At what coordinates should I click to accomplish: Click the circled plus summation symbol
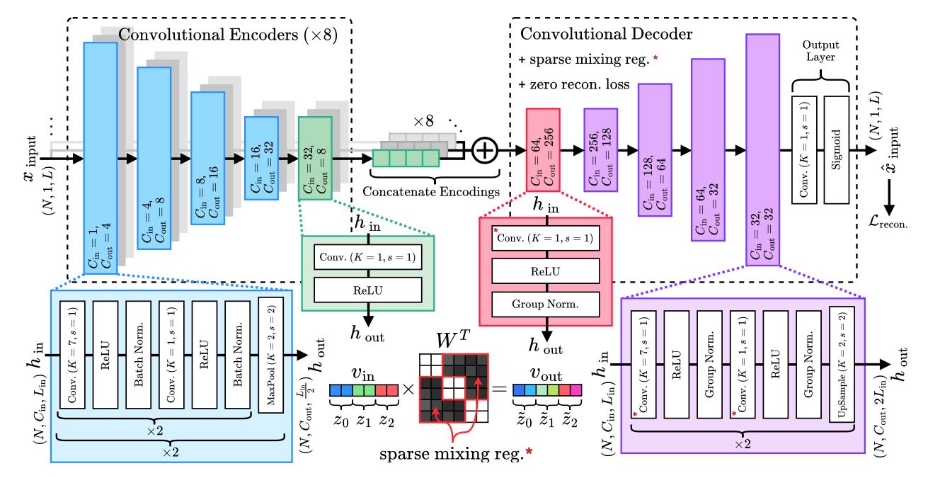(486, 151)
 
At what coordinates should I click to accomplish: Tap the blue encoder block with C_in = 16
(261, 159)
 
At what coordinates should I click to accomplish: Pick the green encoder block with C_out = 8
(315, 159)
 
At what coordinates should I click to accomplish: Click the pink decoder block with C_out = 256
(543, 149)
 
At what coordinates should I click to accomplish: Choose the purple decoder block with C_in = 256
(600, 149)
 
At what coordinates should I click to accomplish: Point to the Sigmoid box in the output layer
(837, 149)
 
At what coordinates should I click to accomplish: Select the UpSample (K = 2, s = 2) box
(842, 365)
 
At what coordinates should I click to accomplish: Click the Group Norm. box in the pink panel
(546, 305)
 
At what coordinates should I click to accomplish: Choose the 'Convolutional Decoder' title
(606, 34)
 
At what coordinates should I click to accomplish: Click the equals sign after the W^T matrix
(498, 390)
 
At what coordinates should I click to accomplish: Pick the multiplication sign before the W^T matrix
(409, 390)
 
